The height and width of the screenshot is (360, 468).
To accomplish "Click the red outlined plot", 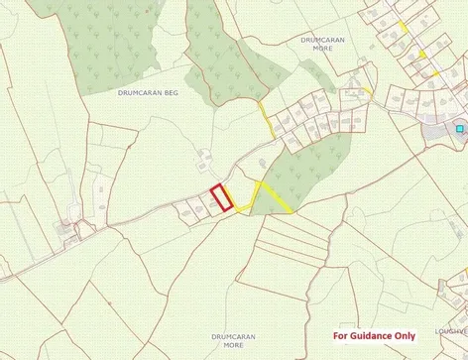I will pos(222,197).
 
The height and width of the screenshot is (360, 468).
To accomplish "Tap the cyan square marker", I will pos(459,128).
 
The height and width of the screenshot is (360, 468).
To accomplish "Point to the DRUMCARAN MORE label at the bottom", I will pos(233,341).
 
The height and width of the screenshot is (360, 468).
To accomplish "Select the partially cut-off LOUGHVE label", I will pos(450,333).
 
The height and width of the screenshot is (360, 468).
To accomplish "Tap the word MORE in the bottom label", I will pos(233,346).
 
